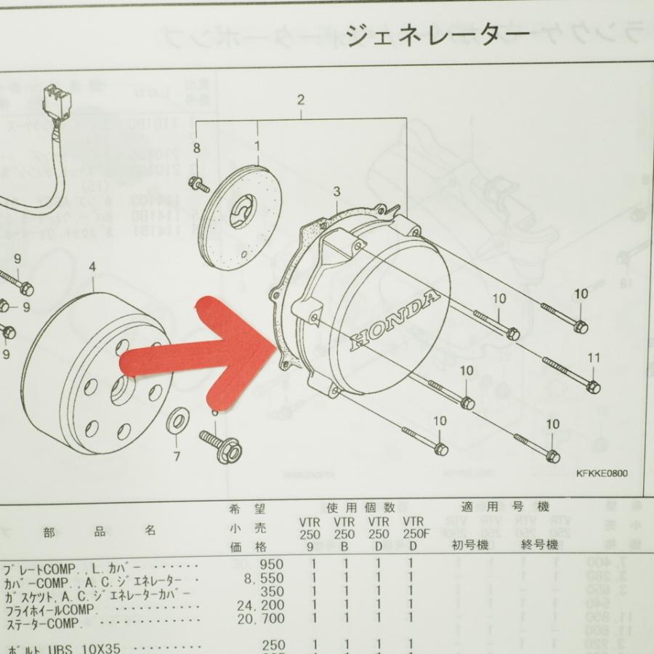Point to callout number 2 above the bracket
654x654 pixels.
point(301,100)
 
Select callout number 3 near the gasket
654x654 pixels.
point(336,192)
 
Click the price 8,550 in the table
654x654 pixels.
point(266,578)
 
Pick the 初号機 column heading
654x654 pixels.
point(469,544)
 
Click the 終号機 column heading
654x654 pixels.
point(539,544)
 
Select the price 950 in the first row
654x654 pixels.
point(272,565)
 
